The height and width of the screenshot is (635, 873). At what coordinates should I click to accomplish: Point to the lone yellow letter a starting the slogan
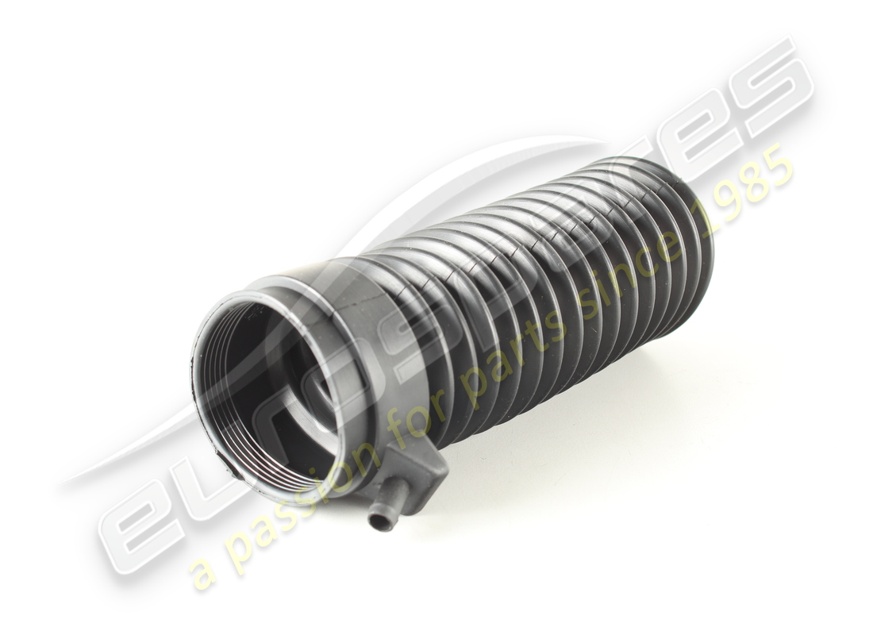tap(203, 573)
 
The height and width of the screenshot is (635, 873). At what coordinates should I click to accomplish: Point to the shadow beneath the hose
tap(556, 413)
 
